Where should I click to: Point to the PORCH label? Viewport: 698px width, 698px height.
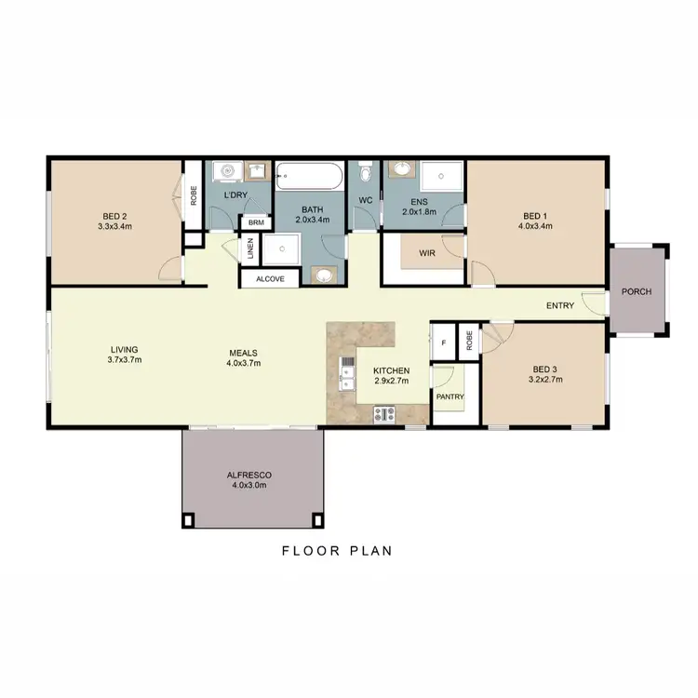[638, 291]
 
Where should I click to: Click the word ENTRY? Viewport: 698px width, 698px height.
[560, 305]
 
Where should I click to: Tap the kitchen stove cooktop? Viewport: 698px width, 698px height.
[383, 413]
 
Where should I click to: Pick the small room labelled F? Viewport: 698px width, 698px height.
[444, 343]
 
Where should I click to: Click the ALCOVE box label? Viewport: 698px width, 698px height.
[270, 278]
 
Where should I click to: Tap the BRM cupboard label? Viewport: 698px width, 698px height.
[255, 223]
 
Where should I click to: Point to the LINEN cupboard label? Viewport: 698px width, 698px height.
[250, 249]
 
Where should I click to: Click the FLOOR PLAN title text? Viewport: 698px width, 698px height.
[337, 550]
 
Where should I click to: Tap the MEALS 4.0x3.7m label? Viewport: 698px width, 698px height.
[243, 358]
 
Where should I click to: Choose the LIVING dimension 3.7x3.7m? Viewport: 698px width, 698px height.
[124, 359]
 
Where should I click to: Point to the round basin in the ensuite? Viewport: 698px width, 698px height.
[402, 169]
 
